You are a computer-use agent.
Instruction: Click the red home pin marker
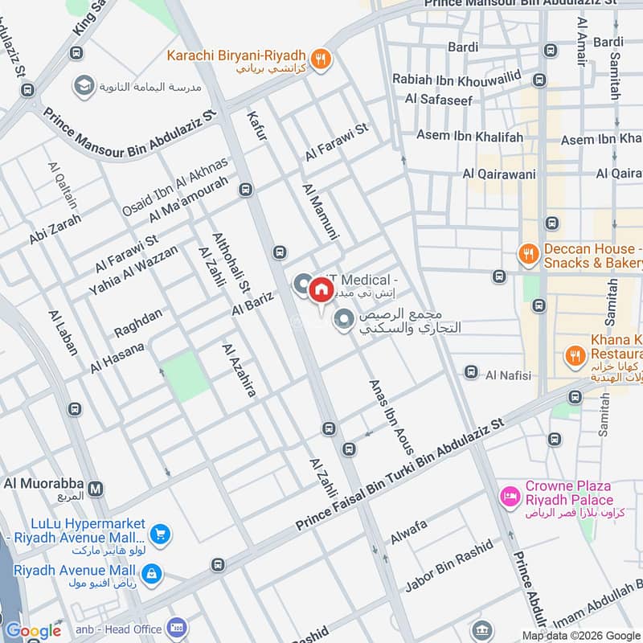(x=320, y=289)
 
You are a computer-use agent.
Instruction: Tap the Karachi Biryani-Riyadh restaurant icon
(x=321, y=58)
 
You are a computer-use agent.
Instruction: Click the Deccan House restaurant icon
(x=528, y=254)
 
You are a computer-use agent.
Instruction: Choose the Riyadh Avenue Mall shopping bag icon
(x=150, y=573)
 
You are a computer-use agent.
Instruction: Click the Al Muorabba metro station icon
(x=96, y=489)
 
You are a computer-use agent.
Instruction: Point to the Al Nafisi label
(x=506, y=373)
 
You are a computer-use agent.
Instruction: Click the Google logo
(x=34, y=631)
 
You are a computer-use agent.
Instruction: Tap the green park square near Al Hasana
(x=186, y=375)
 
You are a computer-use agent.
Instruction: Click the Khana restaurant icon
(x=575, y=354)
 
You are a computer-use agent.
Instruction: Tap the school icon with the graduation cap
(x=83, y=85)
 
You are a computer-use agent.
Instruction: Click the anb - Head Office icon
(x=177, y=628)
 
